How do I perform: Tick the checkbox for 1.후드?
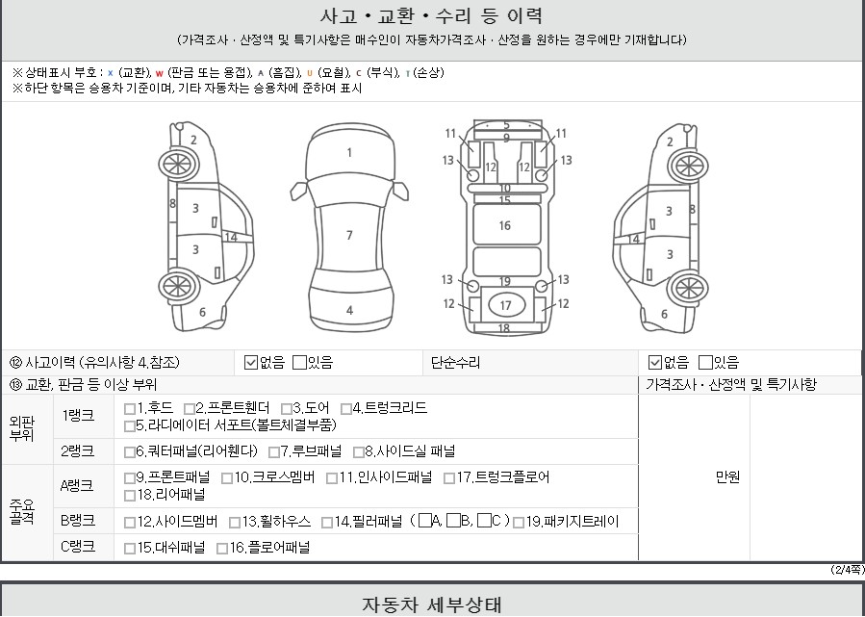tap(130, 409)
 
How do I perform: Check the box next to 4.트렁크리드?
tap(345, 409)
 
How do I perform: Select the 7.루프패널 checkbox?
tap(273, 452)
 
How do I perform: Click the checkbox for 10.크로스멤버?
tap(227, 478)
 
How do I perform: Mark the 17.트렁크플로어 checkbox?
tap(449, 478)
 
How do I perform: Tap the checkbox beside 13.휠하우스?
tap(235, 523)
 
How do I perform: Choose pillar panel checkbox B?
tap(453, 521)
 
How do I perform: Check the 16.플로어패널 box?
tap(222, 549)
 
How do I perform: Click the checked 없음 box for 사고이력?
tap(251, 363)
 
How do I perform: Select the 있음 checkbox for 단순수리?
tap(705, 363)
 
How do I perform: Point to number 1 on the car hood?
tap(349, 153)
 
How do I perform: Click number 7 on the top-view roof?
tap(349, 236)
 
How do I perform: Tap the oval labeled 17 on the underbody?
tap(505, 306)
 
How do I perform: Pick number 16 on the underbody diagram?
tap(505, 225)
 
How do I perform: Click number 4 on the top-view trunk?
tap(349, 311)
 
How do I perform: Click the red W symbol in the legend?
tap(160, 73)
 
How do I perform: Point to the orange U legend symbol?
tap(310, 73)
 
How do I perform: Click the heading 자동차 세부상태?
tap(431, 604)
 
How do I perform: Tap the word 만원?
tap(727, 477)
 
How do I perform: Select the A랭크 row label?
tap(77, 486)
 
